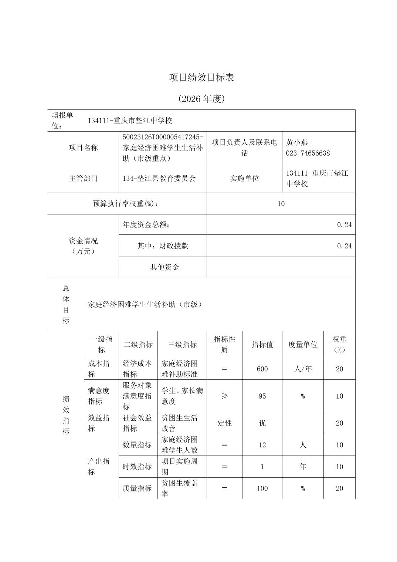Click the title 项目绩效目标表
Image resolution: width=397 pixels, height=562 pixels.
201,78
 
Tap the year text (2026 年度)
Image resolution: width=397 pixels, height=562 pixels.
201,99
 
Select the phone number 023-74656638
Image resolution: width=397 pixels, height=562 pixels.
308,153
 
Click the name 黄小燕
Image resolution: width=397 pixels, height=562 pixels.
297,142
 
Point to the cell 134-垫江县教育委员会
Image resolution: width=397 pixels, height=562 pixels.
159,178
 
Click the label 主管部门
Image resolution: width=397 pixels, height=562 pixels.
83,178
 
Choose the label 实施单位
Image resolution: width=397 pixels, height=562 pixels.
244,178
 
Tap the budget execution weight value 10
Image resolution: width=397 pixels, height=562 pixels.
281,203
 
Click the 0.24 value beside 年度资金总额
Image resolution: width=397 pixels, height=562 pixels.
344,224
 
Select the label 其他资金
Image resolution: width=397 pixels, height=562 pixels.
164,267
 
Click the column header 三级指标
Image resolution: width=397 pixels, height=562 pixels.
182,345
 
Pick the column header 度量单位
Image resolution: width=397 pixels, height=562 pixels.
303,345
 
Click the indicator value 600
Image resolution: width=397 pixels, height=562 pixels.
262,369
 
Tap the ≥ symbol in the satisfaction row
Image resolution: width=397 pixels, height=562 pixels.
224,396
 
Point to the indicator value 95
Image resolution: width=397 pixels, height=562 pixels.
262,396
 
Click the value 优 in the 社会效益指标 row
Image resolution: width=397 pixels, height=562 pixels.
262,423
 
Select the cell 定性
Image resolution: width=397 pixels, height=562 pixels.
224,423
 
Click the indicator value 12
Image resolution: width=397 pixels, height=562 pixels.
262,445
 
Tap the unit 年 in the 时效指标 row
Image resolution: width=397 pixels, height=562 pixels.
303,467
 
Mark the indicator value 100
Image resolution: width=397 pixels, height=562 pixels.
262,488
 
